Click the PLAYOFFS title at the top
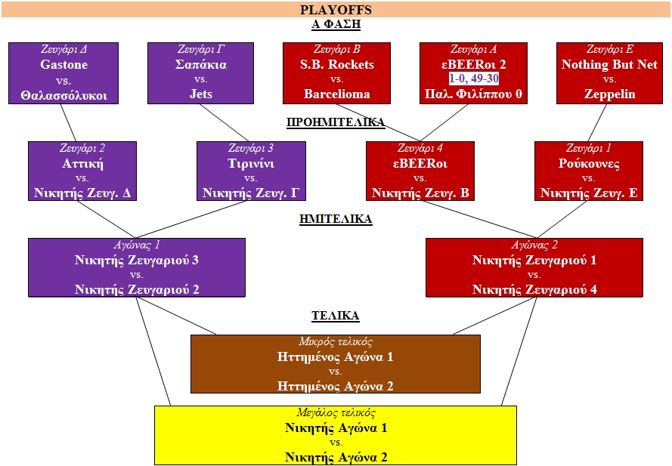click(x=336, y=10)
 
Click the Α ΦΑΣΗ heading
click(x=336, y=24)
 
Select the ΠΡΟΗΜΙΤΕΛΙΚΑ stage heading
click(x=336, y=122)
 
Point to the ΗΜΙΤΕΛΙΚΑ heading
click(x=336, y=219)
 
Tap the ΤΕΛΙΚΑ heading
click(x=336, y=316)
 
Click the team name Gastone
click(x=63, y=65)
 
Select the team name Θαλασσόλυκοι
click(x=63, y=94)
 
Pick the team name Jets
click(x=201, y=94)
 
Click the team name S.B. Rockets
click(x=337, y=65)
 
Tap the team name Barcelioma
click(x=337, y=94)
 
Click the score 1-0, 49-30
click(x=474, y=79)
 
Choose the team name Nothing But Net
click(x=609, y=65)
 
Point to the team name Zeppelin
click(x=609, y=94)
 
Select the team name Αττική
click(x=82, y=164)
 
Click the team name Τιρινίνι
click(x=251, y=164)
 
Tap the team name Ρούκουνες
click(x=589, y=164)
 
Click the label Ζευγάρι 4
click(x=420, y=149)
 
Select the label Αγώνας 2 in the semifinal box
click(x=534, y=245)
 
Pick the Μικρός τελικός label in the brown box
click(x=336, y=342)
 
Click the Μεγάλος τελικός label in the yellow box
click(x=336, y=413)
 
